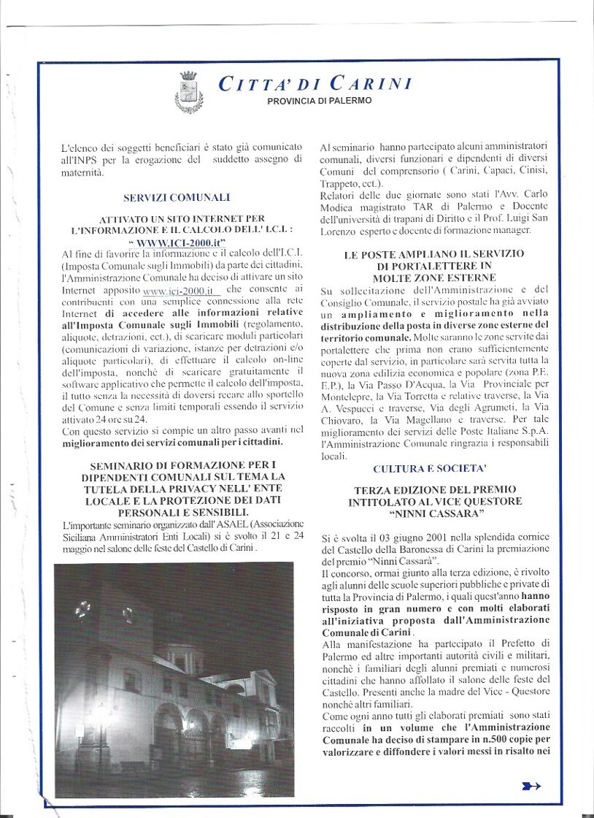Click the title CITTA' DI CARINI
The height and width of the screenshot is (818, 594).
click(x=315, y=83)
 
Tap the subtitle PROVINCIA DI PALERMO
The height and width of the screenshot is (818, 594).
click(x=319, y=101)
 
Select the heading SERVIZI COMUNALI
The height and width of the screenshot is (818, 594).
click(x=177, y=197)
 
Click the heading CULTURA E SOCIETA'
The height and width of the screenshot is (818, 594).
click(x=429, y=469)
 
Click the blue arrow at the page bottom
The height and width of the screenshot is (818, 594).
click(x=531, y=786)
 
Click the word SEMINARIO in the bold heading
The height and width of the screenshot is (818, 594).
click(x=129, y=466)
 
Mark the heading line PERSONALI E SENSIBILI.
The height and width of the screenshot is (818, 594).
click(x=176, y=513)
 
